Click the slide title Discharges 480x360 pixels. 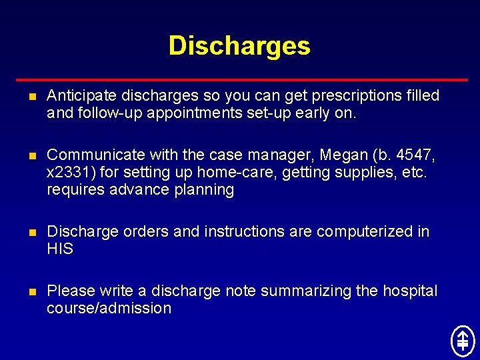pos(239,46)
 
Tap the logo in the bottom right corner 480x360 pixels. pos(462,340)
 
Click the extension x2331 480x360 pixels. pos(69,173)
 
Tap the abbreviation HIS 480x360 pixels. pos(60,249)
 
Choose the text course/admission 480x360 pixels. pos(109,309)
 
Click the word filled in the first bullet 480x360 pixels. pos(423,96)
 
